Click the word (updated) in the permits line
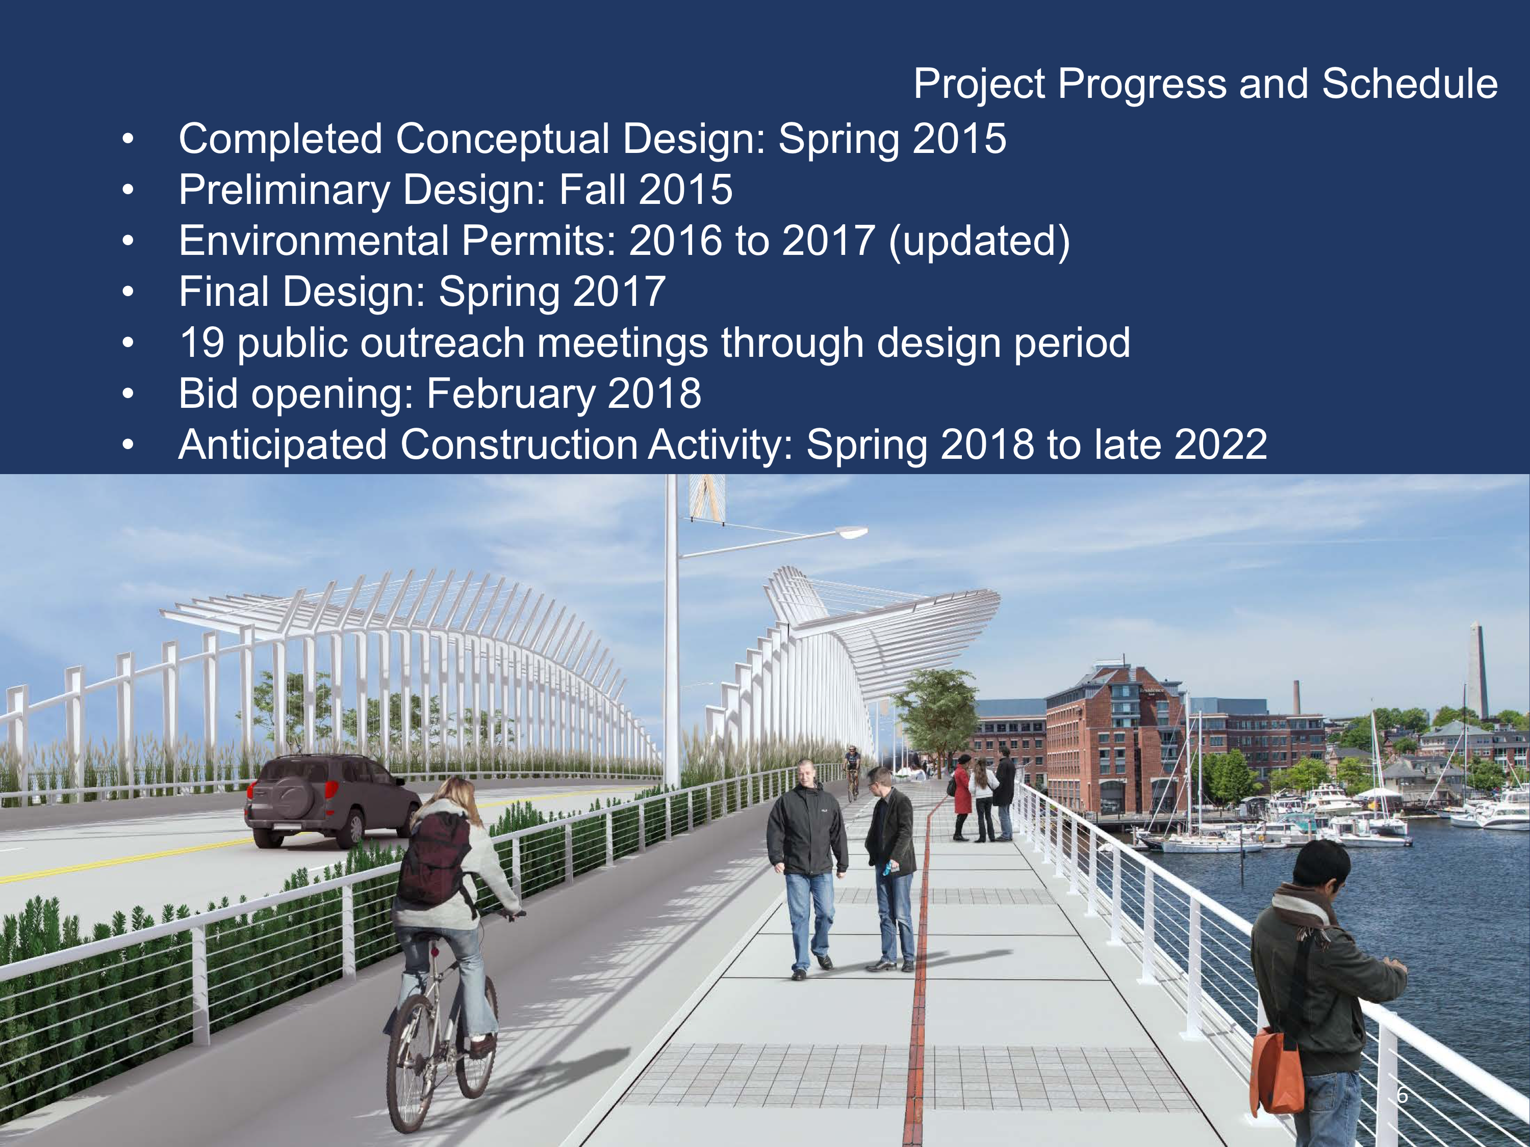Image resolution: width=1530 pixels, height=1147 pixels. point(979,241)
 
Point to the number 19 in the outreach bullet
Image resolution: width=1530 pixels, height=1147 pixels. point(202,343)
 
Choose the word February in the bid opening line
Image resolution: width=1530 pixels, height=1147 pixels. point(511,394)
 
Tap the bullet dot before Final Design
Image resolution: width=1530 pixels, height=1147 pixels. point(128,292)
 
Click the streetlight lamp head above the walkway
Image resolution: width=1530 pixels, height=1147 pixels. point(852,532)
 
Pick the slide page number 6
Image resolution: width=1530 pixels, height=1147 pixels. point(1402,1095)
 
